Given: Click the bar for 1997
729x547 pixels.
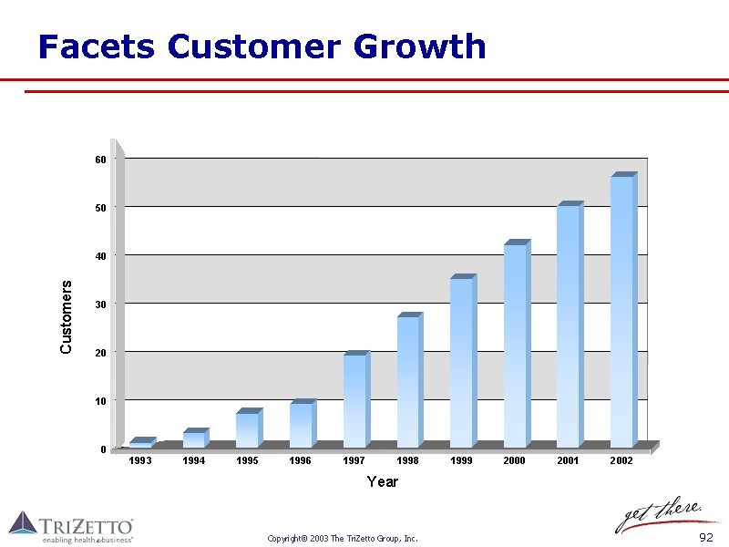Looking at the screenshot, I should [x=354, y=401].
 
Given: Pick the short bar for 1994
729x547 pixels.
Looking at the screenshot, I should [x=194, y=439].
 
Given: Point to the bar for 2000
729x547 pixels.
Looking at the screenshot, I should [x=515, y=346].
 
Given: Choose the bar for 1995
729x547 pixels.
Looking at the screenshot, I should [x=247, y=429].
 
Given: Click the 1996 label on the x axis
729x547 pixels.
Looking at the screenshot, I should [x=301, y=461].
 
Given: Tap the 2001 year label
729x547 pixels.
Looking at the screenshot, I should [x=568, y=461].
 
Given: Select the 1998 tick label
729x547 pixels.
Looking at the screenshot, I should [x=407, y=461].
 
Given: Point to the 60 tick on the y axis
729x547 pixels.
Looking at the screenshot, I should [x=100, y=160].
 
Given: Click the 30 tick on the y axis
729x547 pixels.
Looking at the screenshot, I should [x=100, y=304].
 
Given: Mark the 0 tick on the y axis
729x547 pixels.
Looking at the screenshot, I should [x=103, y=449].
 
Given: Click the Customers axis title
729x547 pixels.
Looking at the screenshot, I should [x=66, y=317].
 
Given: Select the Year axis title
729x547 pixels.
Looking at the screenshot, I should [x=382, y=481].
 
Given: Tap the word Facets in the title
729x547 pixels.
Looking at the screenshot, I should [x=97, y=46].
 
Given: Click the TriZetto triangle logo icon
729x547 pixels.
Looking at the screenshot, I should [x=23, y=522].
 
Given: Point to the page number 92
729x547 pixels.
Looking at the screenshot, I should [x=705, y=538].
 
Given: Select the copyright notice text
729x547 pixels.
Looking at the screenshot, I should [x=343, y=539].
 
